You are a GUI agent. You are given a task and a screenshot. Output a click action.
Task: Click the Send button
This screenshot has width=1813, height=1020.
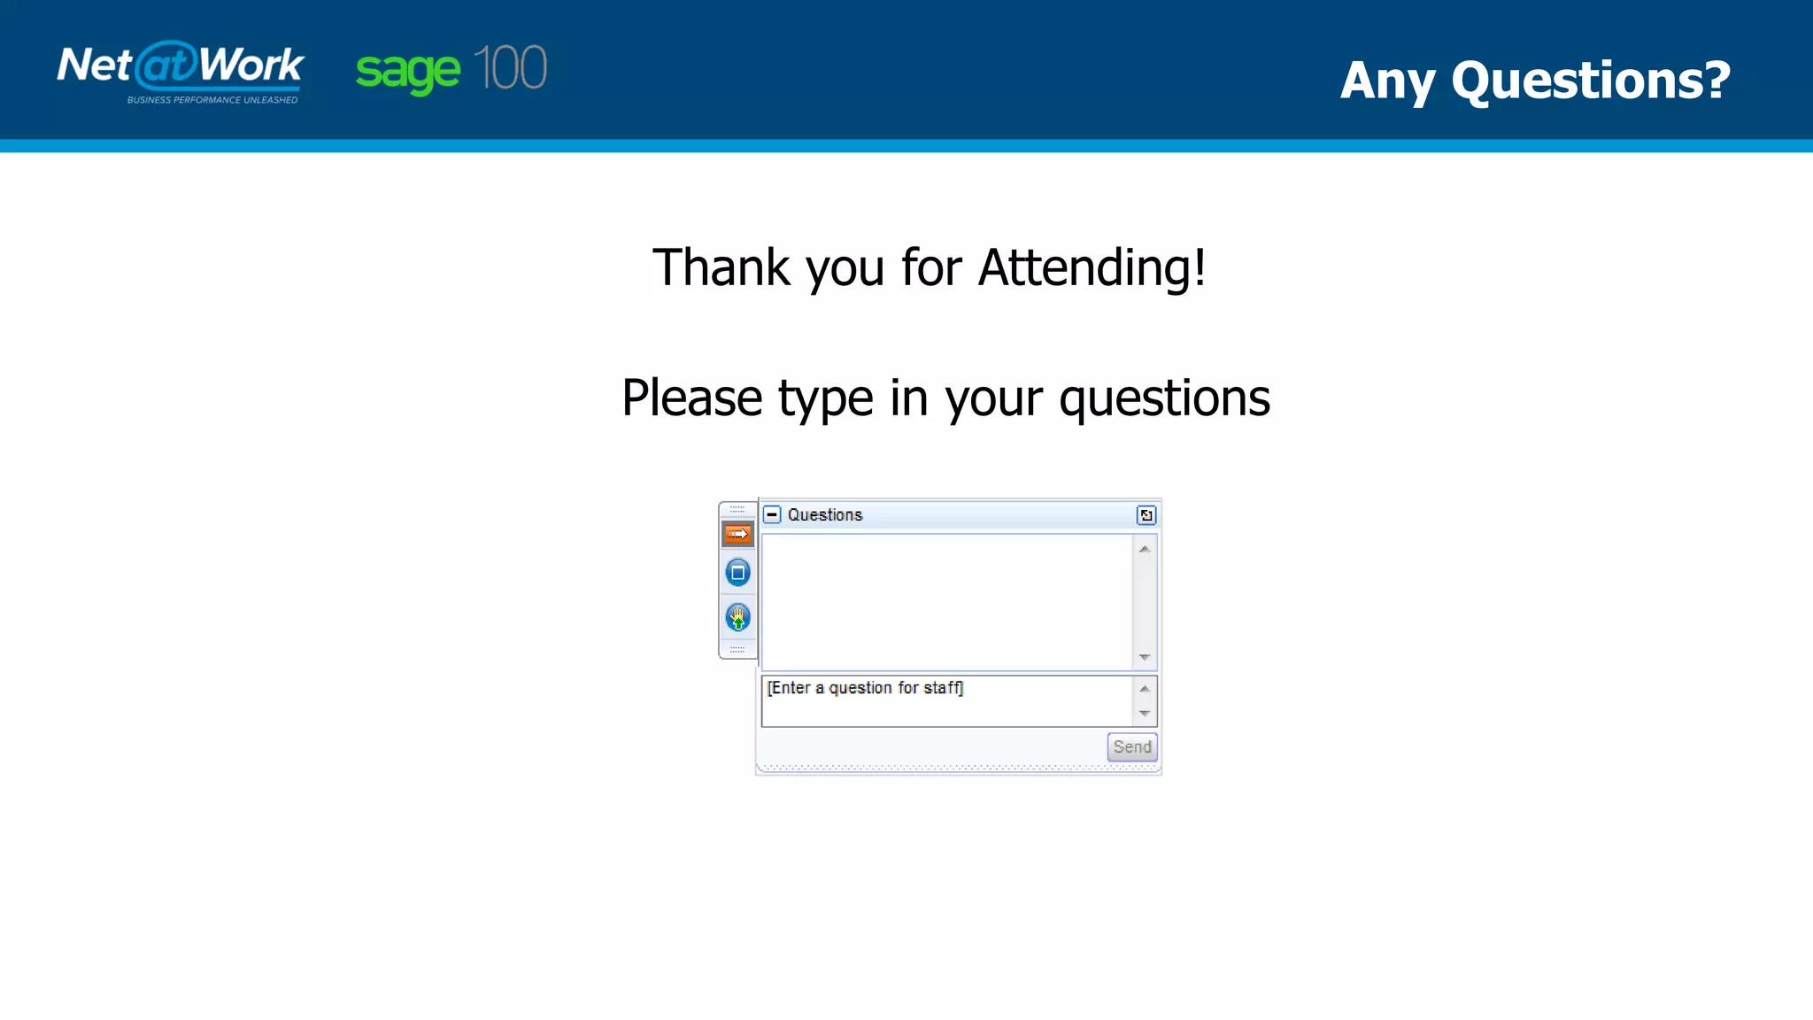click(x=1131, y=746)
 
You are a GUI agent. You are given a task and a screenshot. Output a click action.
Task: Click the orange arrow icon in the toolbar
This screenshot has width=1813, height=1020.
click(x=737, y=534)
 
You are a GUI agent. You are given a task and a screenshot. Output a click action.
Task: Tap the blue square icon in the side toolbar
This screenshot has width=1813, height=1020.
click(x=737, y=573)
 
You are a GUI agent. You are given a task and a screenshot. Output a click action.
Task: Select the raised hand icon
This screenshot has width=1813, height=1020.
click(x=737, y=617)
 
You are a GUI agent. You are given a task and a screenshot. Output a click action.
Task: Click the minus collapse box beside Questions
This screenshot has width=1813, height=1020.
click(x=772, y=514)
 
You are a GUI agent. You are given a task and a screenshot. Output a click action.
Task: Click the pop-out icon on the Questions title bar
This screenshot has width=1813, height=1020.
click(x=1146, y=515)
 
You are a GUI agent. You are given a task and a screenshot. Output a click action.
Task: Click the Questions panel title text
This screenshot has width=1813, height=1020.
click(x=824, y=514)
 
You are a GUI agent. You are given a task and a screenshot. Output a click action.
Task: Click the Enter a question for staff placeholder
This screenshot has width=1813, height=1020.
click(x=865, y=688)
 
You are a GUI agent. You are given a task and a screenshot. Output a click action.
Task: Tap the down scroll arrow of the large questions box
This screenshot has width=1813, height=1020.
click(x=1144, y=657)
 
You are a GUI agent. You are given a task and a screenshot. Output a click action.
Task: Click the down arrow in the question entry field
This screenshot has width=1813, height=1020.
click(x=1144, y=714)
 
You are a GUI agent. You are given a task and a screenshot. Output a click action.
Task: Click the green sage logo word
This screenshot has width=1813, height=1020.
click(x=408, y=71)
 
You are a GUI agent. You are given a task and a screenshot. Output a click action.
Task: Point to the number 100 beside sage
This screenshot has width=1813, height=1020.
click(x=510, y=68)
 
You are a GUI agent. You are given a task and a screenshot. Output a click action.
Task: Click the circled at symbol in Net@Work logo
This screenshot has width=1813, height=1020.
click(x=166, y=64)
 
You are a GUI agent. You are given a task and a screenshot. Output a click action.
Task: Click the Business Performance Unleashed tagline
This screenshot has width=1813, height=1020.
click(x=212, y=100)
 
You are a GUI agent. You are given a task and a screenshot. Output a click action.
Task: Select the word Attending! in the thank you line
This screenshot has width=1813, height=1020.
click(x=1091, y=267)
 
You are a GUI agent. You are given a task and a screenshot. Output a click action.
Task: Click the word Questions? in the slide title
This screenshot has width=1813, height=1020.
click(x=1590, y=81)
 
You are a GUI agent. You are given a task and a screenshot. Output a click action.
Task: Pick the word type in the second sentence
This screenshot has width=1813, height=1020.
click(x=825, y=398)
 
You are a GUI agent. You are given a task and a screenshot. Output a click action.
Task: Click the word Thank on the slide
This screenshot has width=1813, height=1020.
click(x=721, y=267)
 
